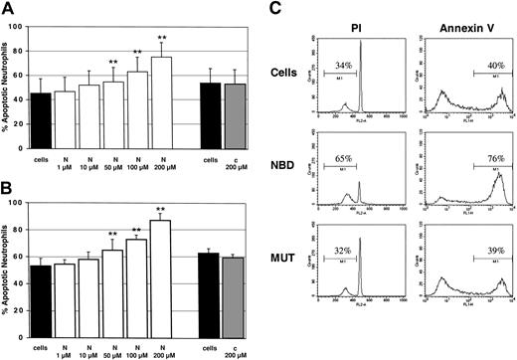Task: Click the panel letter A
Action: (x=9, y=9)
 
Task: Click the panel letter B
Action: (x=9, y=185)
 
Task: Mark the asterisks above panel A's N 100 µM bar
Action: (x=137, y=52)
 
